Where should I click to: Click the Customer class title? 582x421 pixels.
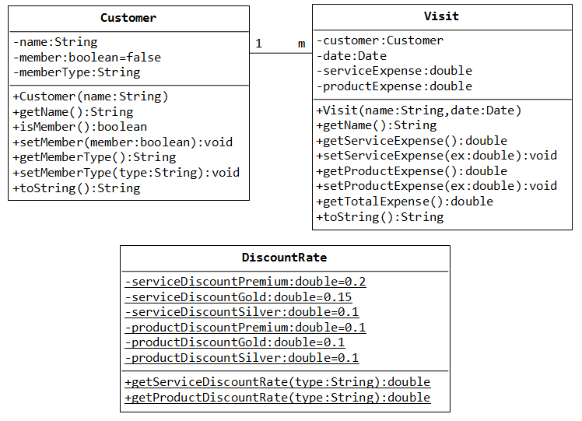tap(128, 18)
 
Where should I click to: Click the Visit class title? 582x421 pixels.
tap(441, 16)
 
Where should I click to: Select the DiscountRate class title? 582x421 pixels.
tap(284, 258)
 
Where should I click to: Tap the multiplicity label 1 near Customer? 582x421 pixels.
tap(258, 44)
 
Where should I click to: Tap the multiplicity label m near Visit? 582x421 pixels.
tap(301, 44)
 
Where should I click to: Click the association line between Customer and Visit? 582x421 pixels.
tap(281, 53)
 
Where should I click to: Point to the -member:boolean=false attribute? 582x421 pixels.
tap(87, 58)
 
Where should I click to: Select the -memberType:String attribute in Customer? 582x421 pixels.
tap(76, 72)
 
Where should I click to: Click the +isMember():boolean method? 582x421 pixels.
tap(80, 127)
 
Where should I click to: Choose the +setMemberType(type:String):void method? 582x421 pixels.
tap(126, 173)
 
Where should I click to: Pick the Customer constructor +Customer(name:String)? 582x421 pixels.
tap(90, 97)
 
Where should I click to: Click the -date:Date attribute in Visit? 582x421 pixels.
tap(352, 56)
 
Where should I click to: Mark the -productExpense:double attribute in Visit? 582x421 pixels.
tap(394, 86)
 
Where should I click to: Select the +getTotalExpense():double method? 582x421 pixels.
tap(405, 202)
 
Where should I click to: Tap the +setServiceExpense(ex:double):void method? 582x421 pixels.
tap(436, 156)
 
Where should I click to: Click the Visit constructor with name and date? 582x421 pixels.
tap(419, 111)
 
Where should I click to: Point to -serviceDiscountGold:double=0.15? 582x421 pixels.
tap(238, 297)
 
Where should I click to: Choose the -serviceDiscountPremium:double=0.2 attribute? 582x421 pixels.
tap(245, 282)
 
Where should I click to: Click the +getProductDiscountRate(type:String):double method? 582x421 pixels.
tap(278, 398)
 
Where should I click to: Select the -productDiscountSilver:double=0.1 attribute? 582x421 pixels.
tap(242, 358)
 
